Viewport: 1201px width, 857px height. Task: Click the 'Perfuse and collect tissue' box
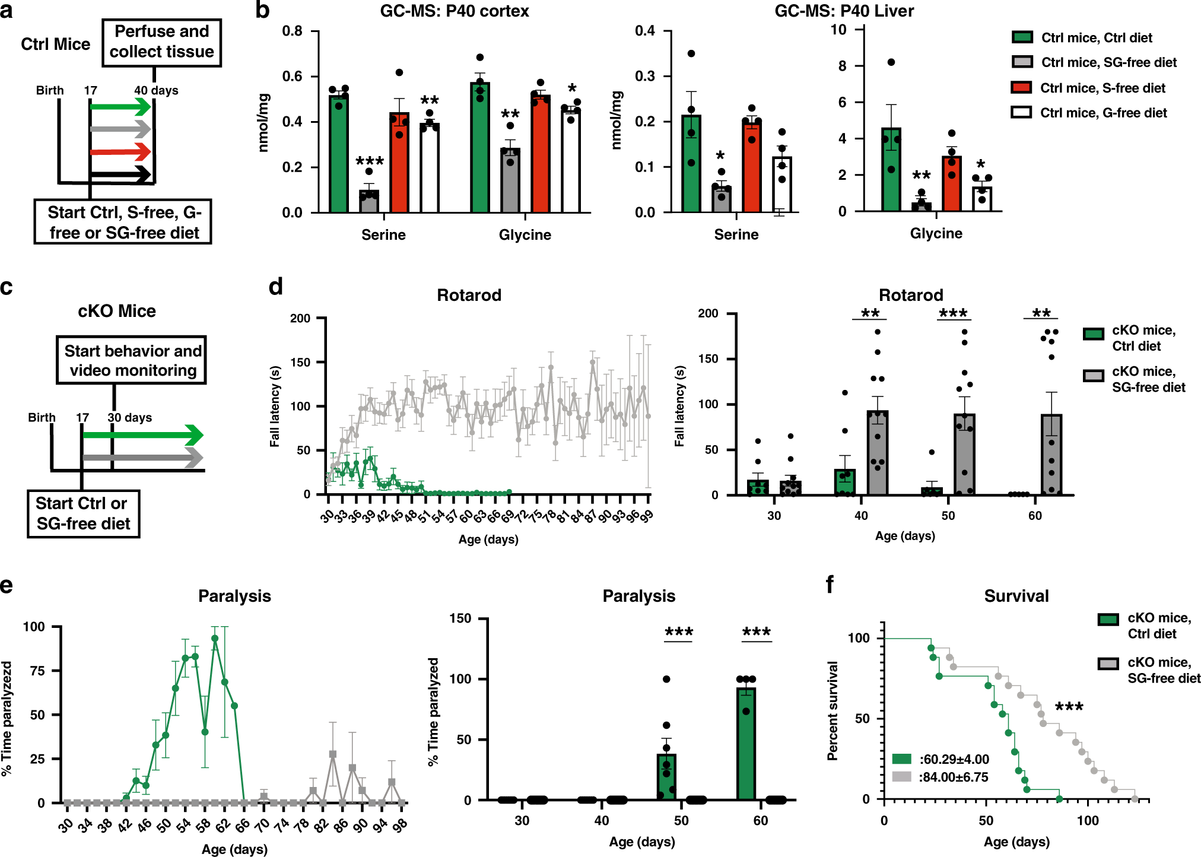click(x=161, y=42)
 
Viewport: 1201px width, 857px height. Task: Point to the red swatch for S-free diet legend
click(x=1021, y=88)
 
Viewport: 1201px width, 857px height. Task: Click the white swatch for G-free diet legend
click(x=1021, y=113)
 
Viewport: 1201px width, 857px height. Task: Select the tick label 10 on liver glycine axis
click(x=838, y=30)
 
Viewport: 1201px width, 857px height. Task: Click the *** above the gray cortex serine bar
click(x=370, y=161)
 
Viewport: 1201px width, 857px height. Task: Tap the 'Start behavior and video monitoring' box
click(x=132, y=360)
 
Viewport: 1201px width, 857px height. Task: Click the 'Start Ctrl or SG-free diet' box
click(x=83, y=513)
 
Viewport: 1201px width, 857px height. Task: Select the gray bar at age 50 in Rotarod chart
click(x=964, y=455)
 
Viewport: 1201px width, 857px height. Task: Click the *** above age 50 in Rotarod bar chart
click(x=953, y=313)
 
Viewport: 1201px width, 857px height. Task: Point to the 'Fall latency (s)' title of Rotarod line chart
click(x=275, y=406)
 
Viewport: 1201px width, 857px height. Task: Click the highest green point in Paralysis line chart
click(x=215, y=639)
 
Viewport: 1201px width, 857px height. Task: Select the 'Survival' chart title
click(x=1016, y=596)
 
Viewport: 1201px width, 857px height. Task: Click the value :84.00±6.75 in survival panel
click(x=953, y=777)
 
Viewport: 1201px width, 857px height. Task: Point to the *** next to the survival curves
click(x=1069, y=706)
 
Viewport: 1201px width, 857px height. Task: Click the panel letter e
click(x=7, y=586)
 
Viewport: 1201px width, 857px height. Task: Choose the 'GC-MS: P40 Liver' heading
click(x=844, y=11)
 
